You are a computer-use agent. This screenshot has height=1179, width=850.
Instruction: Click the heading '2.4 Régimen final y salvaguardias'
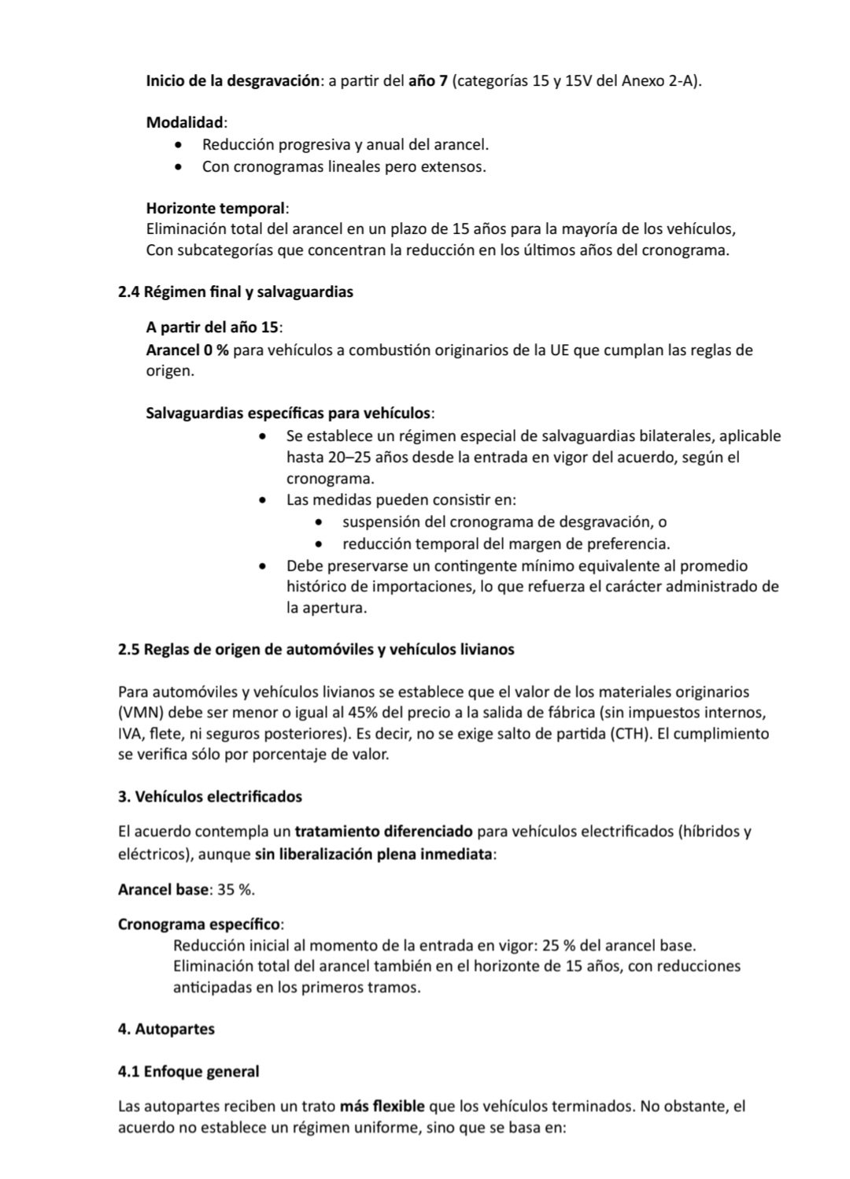coord(235,292)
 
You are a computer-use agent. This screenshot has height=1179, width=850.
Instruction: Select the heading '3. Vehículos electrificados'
coord(209,796)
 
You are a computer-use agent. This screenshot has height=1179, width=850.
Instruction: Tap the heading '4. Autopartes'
coord(166,1029)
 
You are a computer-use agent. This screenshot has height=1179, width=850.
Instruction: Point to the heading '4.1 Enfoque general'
coord(188,1071)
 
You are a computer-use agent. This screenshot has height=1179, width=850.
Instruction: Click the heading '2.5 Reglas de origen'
coord(316,650)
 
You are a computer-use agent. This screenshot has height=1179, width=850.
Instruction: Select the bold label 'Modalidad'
coord(186,123)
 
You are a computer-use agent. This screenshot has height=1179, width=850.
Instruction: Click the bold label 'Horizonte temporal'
coord(216,209)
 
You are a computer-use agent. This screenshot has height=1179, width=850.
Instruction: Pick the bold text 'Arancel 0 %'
coord(187,350)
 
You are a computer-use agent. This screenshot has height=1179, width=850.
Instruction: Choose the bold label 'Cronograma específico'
coord(199,924)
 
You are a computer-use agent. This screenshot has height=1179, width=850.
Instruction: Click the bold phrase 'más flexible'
coord(382,1107)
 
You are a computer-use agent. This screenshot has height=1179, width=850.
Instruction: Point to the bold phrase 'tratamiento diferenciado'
coord(383,832)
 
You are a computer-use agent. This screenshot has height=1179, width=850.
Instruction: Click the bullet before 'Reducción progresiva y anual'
coord(183,146)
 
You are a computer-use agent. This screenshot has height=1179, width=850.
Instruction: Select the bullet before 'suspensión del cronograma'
coord(318,522)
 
